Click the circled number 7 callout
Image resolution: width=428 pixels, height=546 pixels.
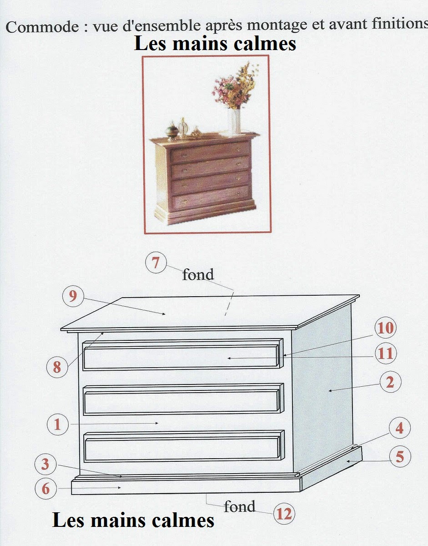coord(156,263)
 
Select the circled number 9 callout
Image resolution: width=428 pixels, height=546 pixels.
coord(73,296)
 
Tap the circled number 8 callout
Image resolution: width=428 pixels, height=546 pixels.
coord(57,367)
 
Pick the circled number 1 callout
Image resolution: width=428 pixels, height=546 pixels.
coord(57,425)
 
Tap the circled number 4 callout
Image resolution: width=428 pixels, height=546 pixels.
coord(399,428)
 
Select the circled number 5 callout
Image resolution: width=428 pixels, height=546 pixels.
coord(399,456)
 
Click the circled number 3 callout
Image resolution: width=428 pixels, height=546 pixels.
coord(45,465)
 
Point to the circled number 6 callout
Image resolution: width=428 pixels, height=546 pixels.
coord(45,489)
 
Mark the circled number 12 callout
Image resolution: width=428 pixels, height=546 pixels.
coord(284,514)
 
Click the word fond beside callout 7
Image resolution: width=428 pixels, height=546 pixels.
coord(198,274)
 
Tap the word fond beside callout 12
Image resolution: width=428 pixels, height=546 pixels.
coord(240,506)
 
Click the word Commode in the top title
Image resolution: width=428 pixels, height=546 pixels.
coord(42,27)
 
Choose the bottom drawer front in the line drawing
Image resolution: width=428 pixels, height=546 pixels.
coord(182,448)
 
